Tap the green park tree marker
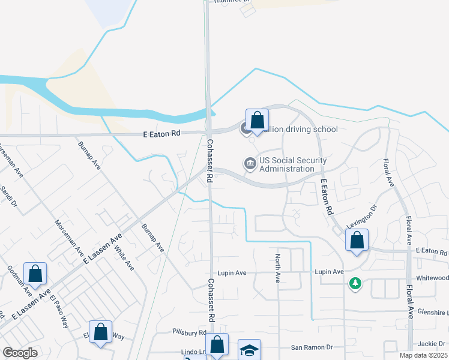(x=355, y=283)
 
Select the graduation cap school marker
(x=249, y=350)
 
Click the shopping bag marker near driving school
(x=257, y=119)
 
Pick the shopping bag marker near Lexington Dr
(x=357, y=241)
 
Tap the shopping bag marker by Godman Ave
(x=35, y=274)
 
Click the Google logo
(x=20, y=353)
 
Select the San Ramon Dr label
(x=312, y=347)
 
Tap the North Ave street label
(x=278, y=268)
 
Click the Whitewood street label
(x=432, y=278)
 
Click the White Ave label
(x=124, y=259)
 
